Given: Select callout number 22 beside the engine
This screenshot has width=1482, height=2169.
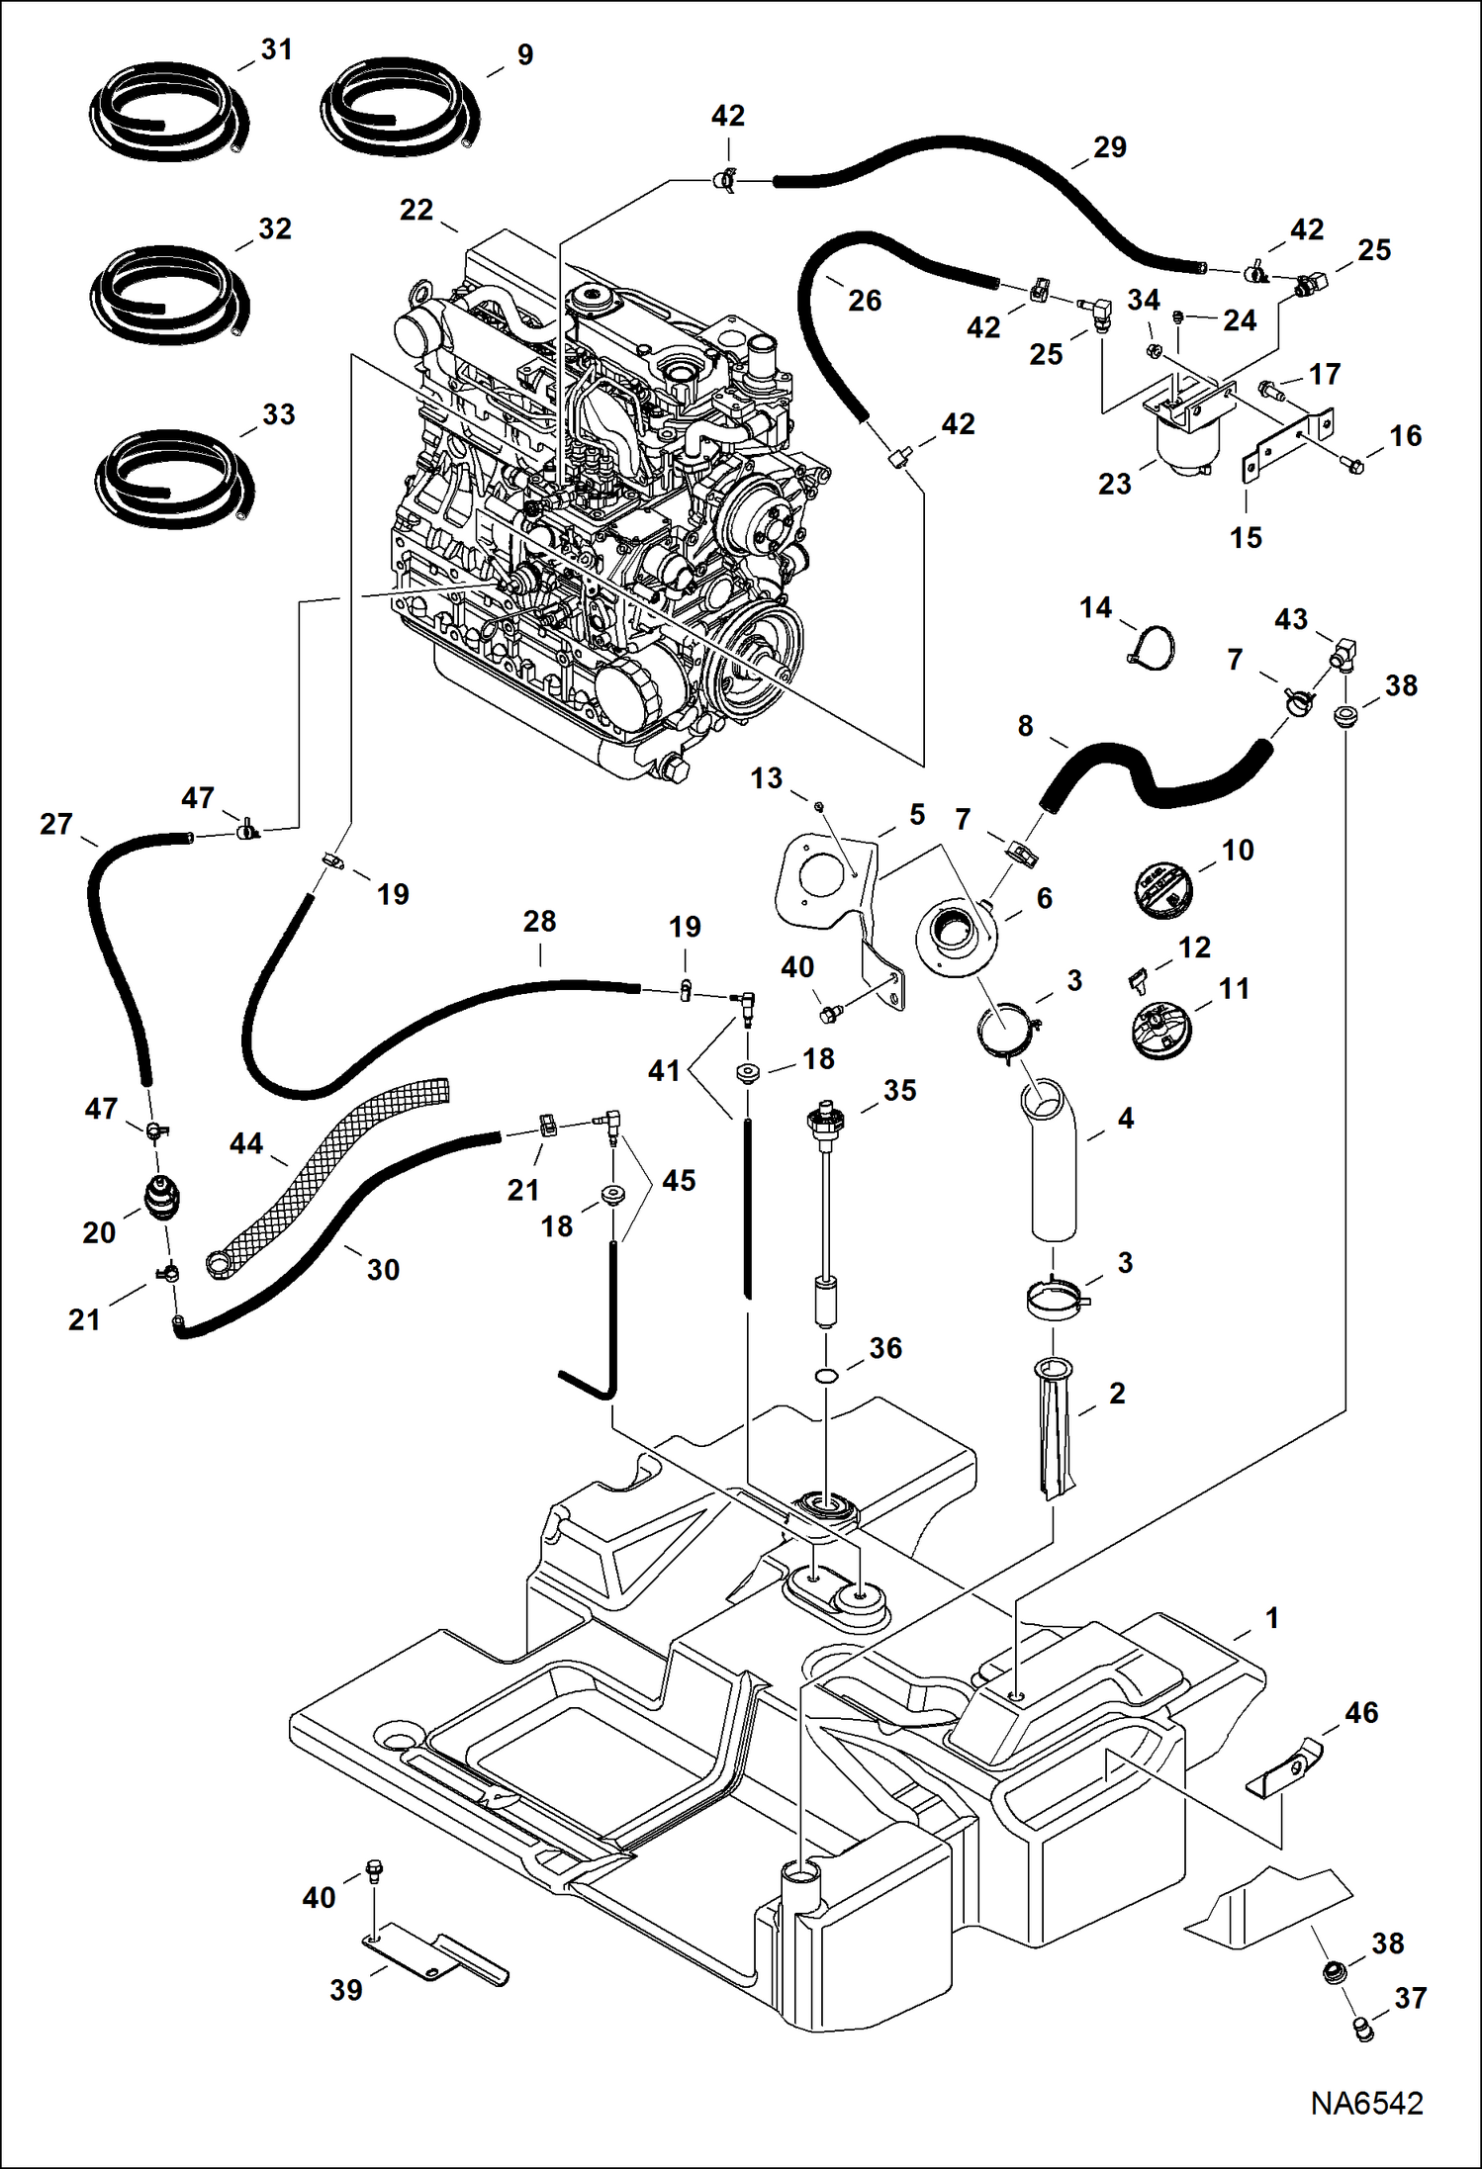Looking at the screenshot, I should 417,210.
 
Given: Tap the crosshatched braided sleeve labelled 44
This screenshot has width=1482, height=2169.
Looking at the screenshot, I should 326,1174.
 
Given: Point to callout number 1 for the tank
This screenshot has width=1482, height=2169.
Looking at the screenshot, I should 1272,1618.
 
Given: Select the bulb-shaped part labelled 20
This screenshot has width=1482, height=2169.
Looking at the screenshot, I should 163,1198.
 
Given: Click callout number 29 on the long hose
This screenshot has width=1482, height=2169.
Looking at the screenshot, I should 1109,147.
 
